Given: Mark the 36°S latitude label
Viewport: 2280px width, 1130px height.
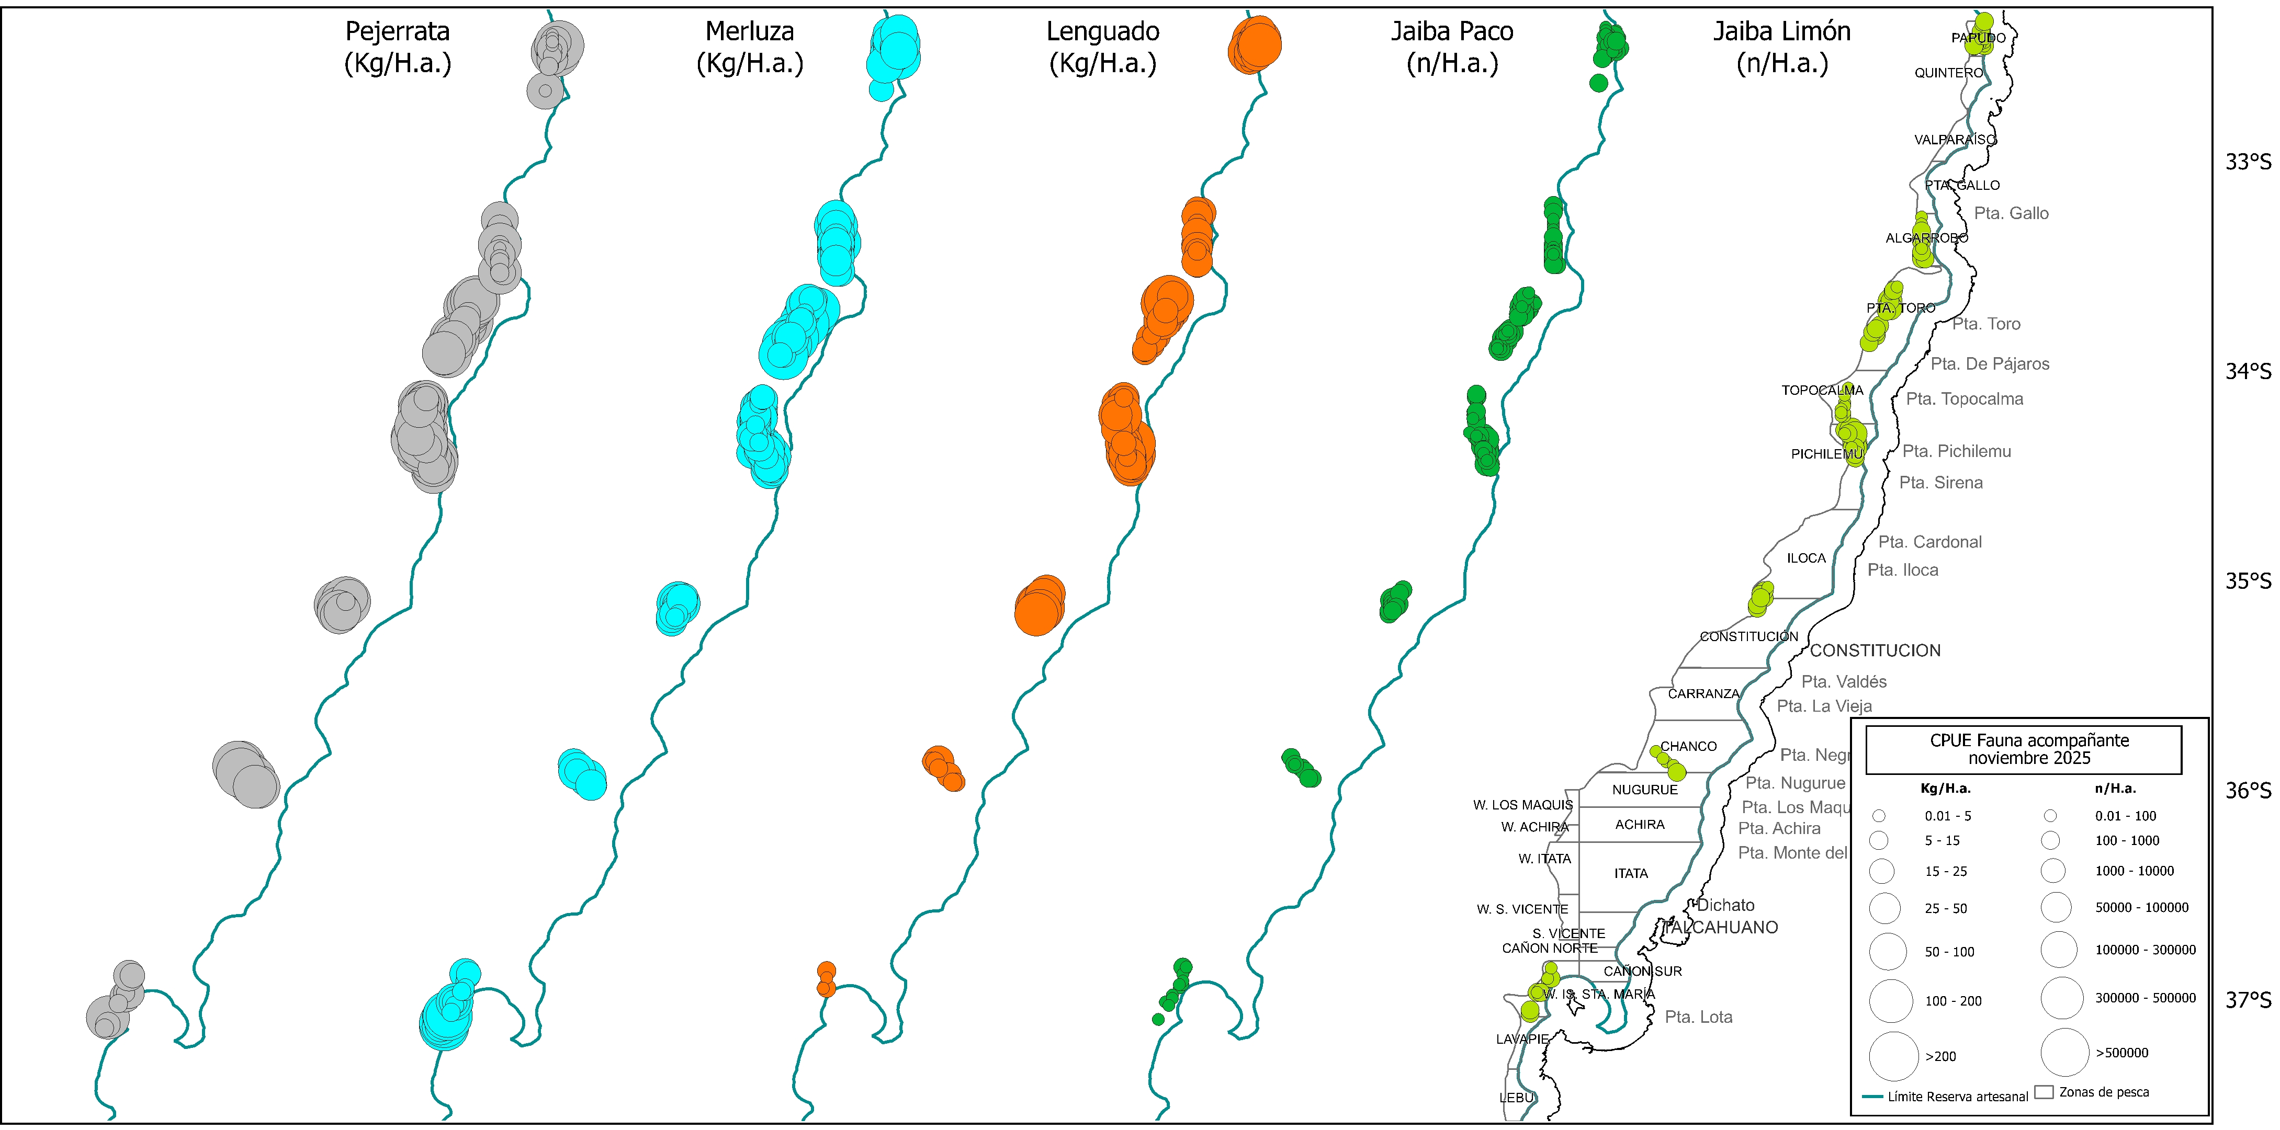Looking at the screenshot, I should [2248, 790].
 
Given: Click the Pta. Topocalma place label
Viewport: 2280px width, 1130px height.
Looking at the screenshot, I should [1964, 399].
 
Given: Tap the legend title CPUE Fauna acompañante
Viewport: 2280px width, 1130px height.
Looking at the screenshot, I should [2029, 749].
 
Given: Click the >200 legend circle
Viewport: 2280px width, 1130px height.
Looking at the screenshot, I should [1893, 1056].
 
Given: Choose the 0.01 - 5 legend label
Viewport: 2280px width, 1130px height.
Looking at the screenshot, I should [1947, 816].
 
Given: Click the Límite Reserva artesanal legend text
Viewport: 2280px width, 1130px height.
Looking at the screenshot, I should [1957, 1097].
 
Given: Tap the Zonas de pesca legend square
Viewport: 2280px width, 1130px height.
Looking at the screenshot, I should [2044, 1092].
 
